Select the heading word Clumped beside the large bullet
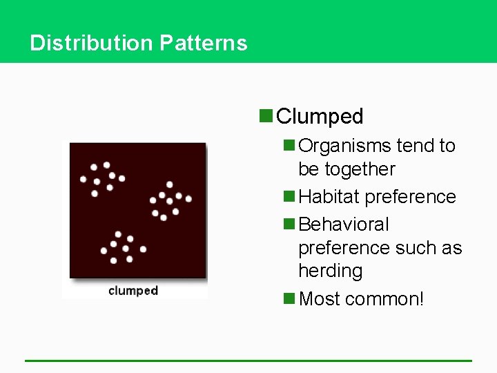point(320,116)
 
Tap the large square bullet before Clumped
point(266,115)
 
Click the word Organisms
point(346,146)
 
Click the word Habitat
point(329,197)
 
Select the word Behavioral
point(344,224)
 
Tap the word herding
point(330,271)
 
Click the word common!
point(384,298)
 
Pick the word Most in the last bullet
point(320,298)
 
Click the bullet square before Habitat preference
point(289,197)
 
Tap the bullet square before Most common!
point(289,298)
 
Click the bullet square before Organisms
point(289,146)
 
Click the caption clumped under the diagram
point(133,291)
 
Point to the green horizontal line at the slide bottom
point(248,361)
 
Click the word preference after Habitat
point(410,197)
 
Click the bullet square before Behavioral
point(289,224)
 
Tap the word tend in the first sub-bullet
point(416,146)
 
